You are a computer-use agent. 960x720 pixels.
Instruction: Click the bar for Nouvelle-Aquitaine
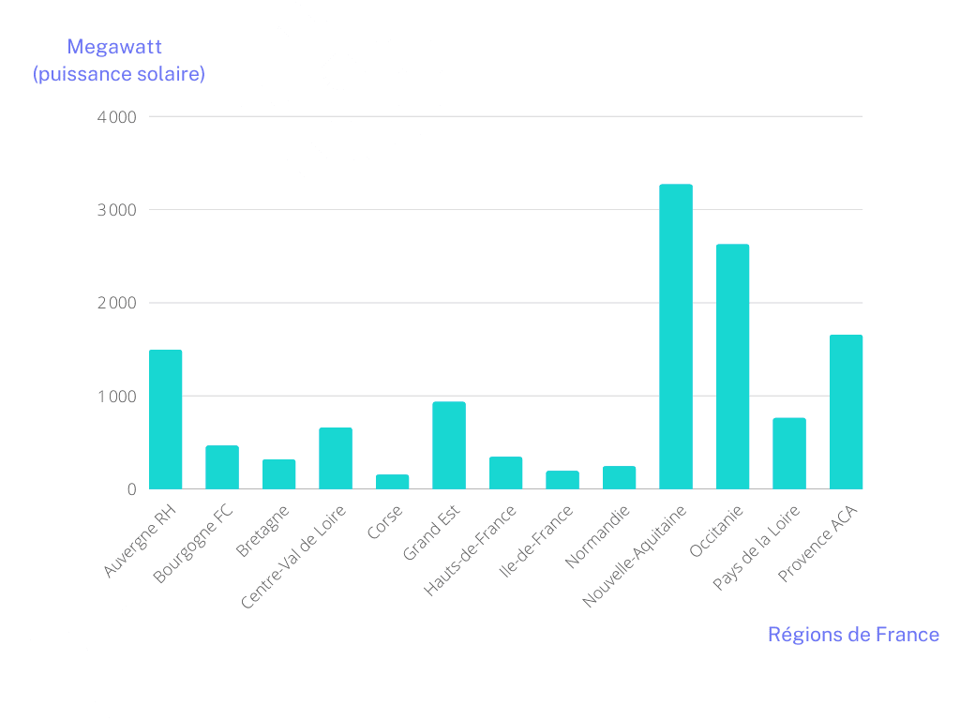tap(675, 337)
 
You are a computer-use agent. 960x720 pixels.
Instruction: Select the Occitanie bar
tap(732, 367)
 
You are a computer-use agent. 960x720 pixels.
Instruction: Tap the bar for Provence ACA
tap(846, 412)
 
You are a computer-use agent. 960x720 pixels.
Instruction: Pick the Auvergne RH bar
tap(165, 419)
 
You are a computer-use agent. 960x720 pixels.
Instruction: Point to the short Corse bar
tap(392, 482)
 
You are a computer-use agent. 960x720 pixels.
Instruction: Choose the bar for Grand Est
tap(449, 445)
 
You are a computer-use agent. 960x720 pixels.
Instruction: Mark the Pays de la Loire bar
tap(789, 454)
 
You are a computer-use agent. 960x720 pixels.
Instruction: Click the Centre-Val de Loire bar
tap(336, 458)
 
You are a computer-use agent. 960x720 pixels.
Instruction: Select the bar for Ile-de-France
tap(562, 480)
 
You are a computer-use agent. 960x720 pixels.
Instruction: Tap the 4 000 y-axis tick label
tap(116, 117)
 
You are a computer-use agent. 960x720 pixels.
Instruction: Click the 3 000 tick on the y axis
tap(116, 210)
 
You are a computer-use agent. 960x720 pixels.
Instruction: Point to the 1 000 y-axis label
tap(116, 397)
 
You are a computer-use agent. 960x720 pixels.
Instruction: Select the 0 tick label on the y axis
tap(132, 489)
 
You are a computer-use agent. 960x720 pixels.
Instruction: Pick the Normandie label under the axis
tap(600, 536)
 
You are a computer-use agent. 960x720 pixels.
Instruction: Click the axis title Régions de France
tap(853, 635)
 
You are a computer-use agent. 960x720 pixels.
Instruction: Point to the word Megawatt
tap(115, 47)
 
